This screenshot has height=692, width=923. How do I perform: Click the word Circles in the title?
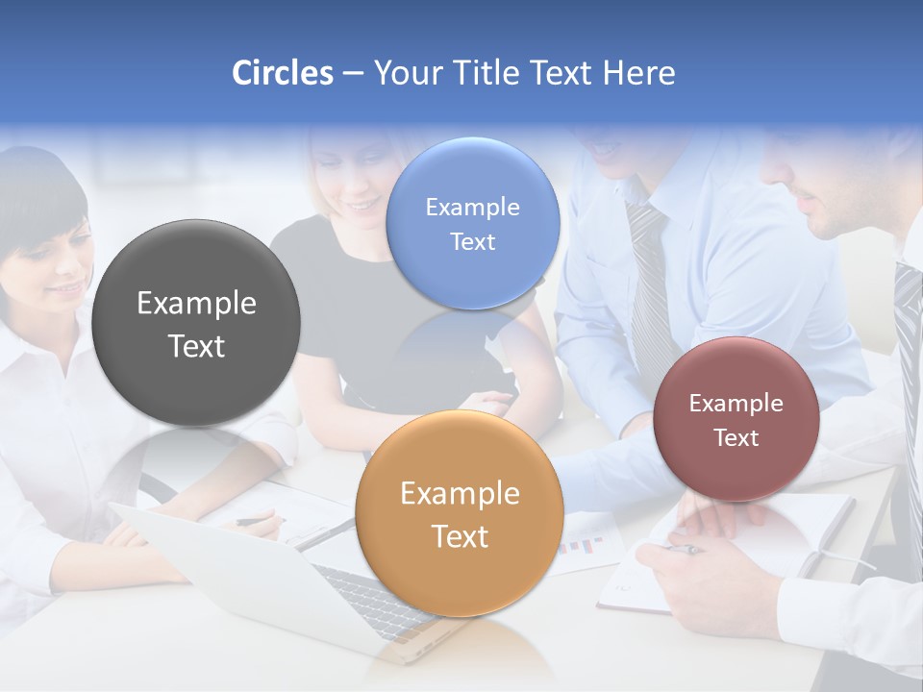tap(282, 73)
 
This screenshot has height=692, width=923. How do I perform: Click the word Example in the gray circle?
tap(196, 304)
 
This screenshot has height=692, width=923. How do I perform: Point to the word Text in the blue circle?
tap(472, 242)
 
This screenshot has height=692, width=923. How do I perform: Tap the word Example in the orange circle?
tap(460, 494)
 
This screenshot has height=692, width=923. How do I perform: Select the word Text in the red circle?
tap(736, 438)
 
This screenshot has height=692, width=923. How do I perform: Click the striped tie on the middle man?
tap(649, 288)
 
